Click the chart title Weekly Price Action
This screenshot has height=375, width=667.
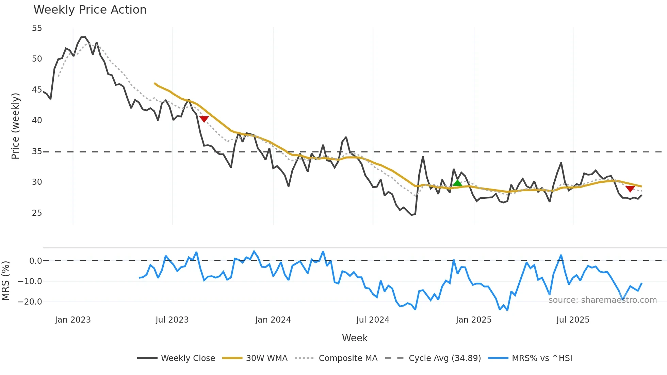pos(90,10)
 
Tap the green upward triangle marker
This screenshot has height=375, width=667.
pos(457,183)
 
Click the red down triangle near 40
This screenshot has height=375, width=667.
pos(204,119)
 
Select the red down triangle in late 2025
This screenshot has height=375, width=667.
pos(630,189)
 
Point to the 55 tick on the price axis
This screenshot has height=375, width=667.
pos(37,28)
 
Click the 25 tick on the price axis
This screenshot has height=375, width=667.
pos(37,213)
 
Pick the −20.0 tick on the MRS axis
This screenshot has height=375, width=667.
pos(30,302)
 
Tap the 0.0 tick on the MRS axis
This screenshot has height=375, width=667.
pos(35,261)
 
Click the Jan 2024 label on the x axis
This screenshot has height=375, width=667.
pos(273,320)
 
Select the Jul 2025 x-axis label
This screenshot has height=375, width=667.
pos(573,320)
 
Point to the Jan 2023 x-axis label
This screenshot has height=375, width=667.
pos(73,320)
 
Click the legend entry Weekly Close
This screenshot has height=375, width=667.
pos(188,358)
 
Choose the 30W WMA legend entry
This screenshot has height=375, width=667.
pos(266,358)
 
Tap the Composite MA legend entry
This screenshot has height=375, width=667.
pos(348,358)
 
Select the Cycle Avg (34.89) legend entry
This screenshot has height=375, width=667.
pos(444,358)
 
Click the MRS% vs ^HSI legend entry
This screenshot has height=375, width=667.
pos(542,358)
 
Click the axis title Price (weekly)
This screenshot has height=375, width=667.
pos(15,126)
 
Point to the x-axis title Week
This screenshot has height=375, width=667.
pos(355,338)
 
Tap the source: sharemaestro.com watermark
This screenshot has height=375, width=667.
pos(602,300)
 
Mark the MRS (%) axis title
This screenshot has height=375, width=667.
pos(5,281)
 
